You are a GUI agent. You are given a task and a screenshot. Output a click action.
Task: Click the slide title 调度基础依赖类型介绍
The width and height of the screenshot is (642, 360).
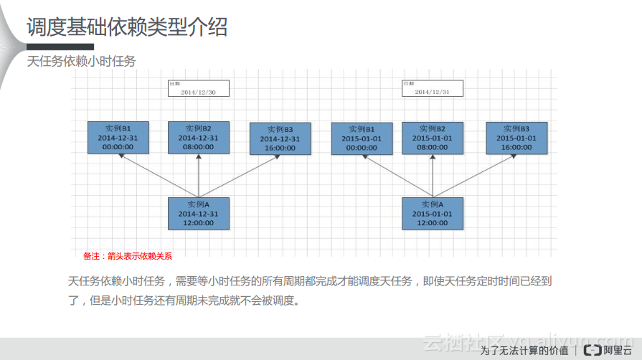127,27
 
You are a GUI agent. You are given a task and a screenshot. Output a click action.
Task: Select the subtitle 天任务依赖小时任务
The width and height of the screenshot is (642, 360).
81,62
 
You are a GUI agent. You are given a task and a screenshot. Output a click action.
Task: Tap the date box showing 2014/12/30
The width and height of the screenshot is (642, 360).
198,88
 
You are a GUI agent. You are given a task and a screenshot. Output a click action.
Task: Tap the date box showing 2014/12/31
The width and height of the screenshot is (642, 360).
432,88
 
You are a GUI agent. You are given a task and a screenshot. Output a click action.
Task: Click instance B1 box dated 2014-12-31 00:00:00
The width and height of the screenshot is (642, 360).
118,137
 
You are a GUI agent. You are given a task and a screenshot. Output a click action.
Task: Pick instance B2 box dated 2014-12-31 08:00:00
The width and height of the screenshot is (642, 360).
199,137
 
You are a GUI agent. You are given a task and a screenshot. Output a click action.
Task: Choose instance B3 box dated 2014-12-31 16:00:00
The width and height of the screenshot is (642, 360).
280,138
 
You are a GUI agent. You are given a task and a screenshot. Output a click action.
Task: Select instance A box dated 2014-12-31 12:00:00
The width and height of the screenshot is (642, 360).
199,214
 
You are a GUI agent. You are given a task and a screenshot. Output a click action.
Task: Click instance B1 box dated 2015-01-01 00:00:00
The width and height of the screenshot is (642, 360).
362,138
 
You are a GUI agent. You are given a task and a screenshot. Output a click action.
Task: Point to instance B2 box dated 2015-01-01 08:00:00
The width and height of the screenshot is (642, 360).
433,138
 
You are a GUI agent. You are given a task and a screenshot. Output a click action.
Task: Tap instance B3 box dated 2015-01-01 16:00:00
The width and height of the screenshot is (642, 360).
516,138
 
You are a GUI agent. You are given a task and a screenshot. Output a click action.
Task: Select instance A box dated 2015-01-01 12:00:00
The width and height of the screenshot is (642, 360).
433,214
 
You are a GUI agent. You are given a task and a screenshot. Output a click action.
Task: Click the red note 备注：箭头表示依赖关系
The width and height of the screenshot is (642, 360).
128,256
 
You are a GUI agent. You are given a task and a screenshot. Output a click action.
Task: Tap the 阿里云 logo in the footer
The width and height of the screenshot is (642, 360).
607,350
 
